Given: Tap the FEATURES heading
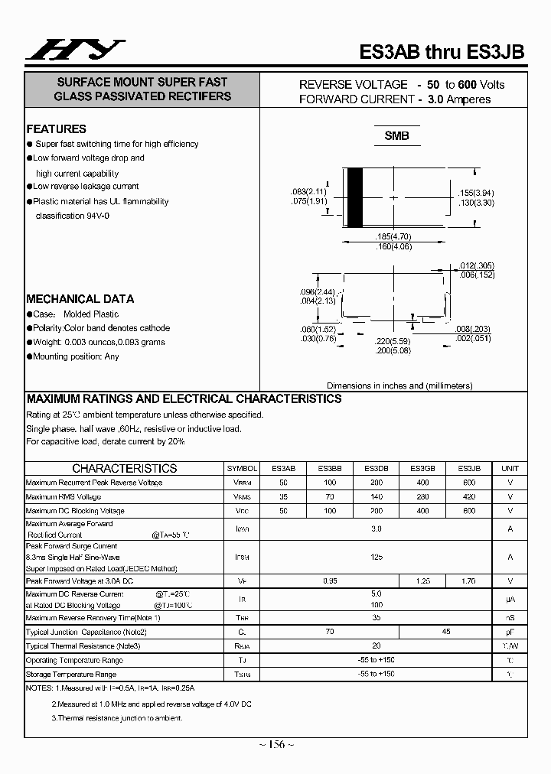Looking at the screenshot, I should tap(56, 129).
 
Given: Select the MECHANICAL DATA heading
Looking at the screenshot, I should tap(80, 299).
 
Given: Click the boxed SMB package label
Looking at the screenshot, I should tap(396, 136).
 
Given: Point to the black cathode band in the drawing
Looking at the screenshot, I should tap(355, 197).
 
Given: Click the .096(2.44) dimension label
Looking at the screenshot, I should tap(318, 292).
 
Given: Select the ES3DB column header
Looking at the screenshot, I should tap(376, 468).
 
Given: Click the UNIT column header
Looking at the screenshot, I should tap(510, 468).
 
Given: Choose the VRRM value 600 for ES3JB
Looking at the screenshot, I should tap(469, 483).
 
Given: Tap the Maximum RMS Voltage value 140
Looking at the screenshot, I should tap(376, 496).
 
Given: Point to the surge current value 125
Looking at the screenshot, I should tap(376, 557).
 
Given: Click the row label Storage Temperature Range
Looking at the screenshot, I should tap(71, 675).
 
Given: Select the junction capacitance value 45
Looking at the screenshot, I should tap(447, 632).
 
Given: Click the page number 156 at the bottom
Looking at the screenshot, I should tap(275, 745).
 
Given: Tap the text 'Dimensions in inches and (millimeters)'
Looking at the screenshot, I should tap(399, 385).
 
